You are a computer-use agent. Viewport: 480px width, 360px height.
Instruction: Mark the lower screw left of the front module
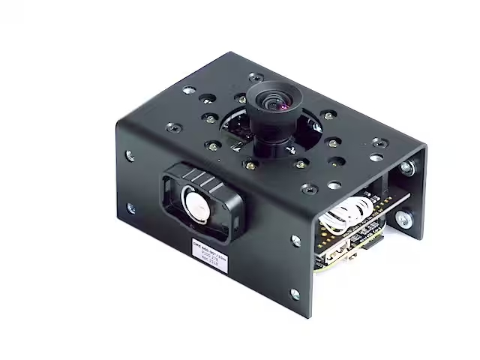point(133,208)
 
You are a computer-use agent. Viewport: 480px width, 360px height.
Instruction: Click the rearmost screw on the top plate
point(256,78)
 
